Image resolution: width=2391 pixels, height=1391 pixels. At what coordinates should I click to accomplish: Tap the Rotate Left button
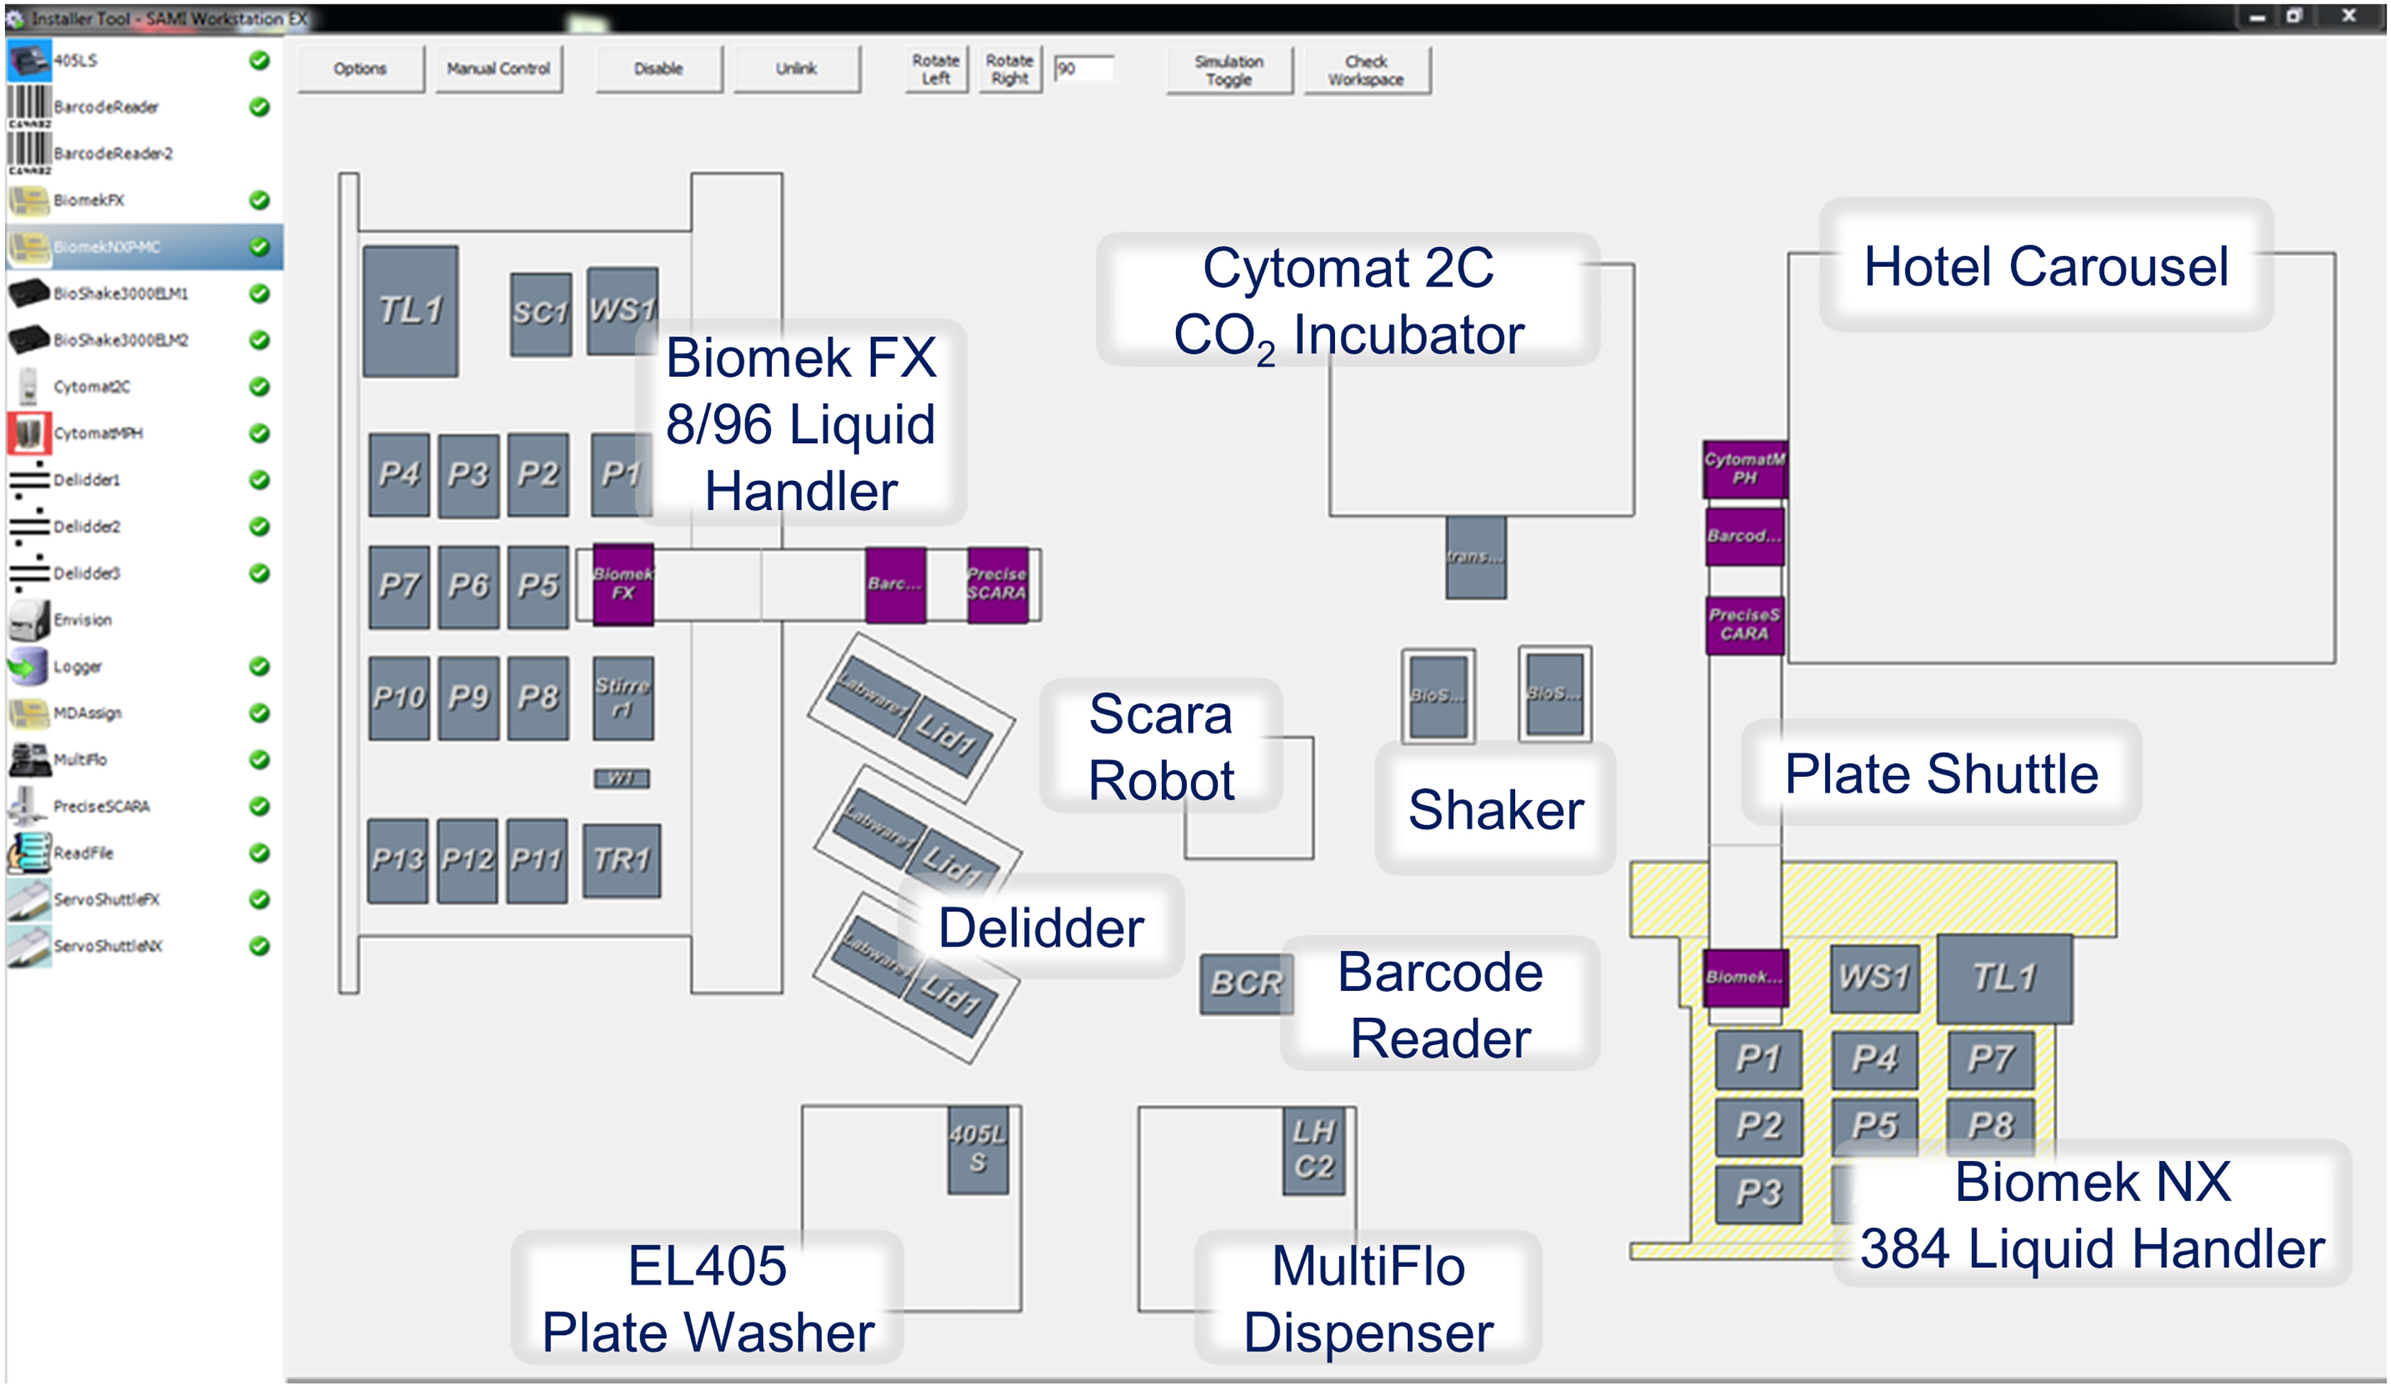[935, 70]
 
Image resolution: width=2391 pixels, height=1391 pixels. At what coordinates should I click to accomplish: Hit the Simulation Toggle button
[1228, 70]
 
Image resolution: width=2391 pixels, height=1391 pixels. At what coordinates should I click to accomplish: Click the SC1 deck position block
[540, 313]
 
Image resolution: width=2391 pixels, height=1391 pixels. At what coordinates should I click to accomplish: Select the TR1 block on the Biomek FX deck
[621, 860]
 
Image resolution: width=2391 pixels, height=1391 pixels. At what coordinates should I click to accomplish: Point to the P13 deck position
[397, 860]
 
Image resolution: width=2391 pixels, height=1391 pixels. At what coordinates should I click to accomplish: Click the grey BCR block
[1245, 983]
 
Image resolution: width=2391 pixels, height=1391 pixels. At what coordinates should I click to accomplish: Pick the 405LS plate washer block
[977, 1148]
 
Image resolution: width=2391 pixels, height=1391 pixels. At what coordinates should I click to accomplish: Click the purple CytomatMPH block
[1744, 469]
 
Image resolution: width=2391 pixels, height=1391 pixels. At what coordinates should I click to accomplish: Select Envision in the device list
[82, 619]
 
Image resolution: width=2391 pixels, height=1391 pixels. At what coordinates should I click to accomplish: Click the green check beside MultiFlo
[259, 759]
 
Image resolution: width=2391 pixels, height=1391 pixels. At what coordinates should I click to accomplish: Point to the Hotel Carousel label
[2045, 266]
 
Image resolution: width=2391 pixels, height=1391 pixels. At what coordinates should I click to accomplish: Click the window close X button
[2348, 16]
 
